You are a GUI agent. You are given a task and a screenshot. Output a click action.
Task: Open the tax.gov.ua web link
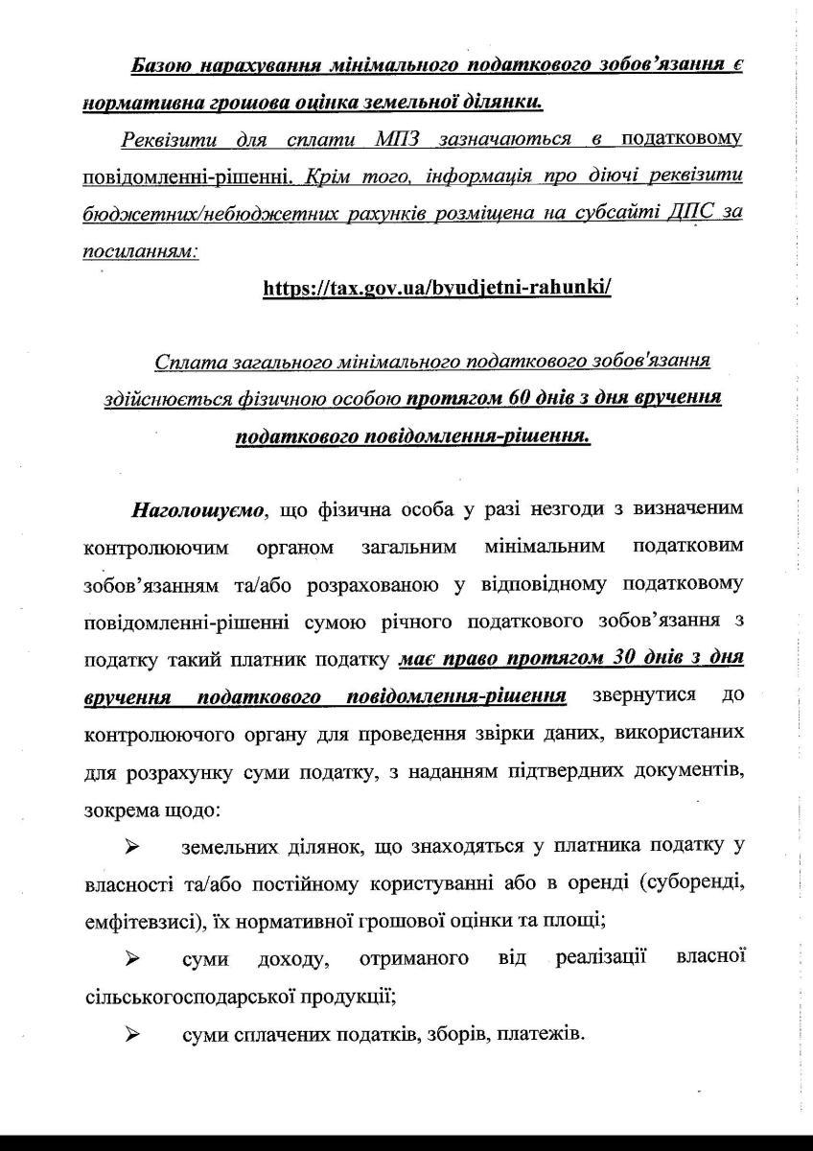pyautogui.click(x=436, y=288)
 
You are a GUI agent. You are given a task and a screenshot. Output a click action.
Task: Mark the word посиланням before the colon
pyautogui.click(x=138, y=250)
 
